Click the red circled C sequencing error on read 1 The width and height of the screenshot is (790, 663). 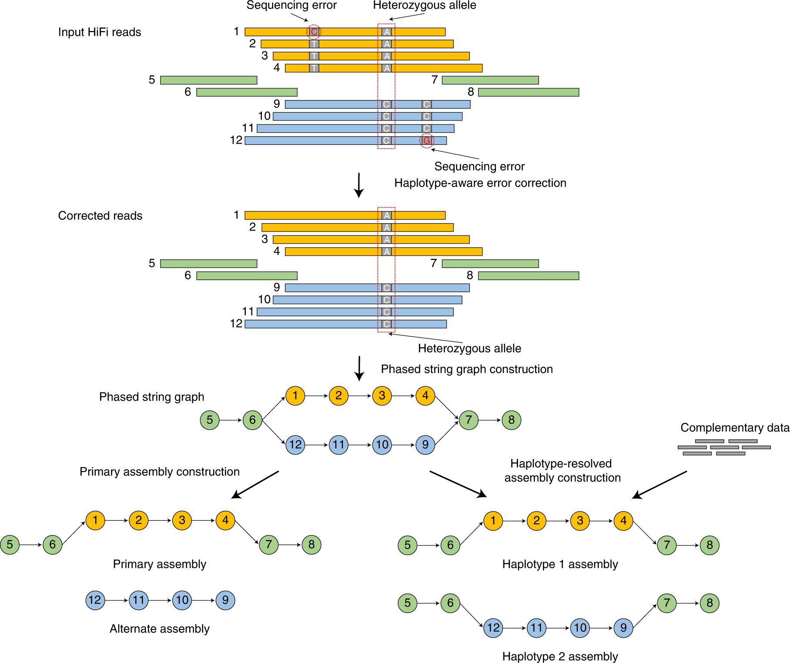click(x=314, y=32)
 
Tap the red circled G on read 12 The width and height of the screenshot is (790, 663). click(x=427, y=141)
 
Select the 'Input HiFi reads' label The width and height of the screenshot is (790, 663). click(x=100, y=32)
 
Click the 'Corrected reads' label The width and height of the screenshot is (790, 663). click(x=100, y=216)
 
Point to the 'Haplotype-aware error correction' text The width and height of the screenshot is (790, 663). click(x=480, y=183)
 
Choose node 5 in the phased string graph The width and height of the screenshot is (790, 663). click(x=210, y=420)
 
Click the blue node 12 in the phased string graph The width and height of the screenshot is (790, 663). click(x=295, y=445)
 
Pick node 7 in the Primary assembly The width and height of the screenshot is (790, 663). click(x=269, y=545)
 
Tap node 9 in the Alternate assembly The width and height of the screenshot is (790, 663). click(x=225, y=600)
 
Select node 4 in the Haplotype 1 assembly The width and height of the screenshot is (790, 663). click(x=623, y=521)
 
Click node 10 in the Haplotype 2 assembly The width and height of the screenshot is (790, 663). click(x=580, y=628)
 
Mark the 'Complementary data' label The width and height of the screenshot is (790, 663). click(x=735, y=428)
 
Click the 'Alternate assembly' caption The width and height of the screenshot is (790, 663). click(x=160, y=629)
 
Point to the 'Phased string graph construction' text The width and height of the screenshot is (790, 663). click(x=467, y=369)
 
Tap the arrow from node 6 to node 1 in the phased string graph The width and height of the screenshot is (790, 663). click(x=274, y=408)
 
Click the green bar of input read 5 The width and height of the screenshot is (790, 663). click(x=209, y=80)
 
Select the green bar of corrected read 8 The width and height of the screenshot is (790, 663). click(x=529, y=276)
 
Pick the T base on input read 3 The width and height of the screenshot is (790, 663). click(x=314, y=56)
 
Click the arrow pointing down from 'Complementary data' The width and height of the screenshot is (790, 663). click(x=659, y=485)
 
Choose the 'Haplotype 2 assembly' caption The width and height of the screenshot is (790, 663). click(x=560, y=656)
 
